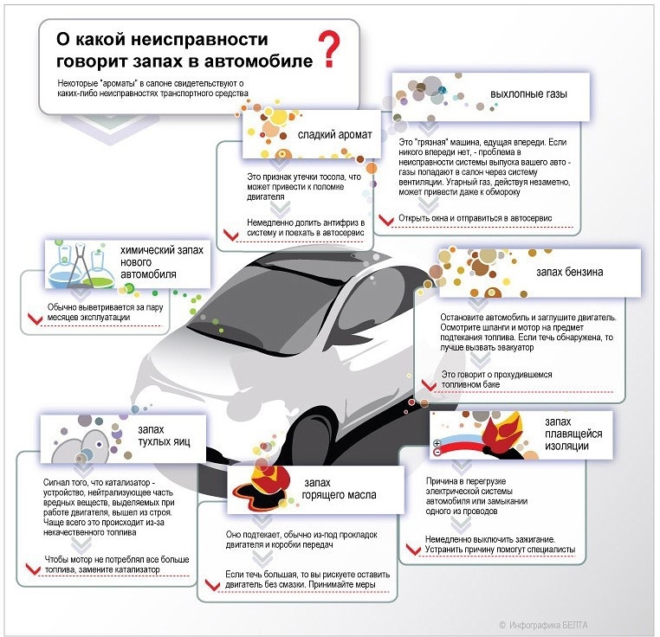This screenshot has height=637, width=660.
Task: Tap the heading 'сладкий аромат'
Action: pos(334,135)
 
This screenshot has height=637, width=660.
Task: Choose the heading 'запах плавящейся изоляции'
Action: pos(567,434)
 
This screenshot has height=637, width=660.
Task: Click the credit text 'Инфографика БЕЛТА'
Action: pos(554,624)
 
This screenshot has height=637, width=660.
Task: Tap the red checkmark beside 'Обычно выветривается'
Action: pos(36,318)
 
